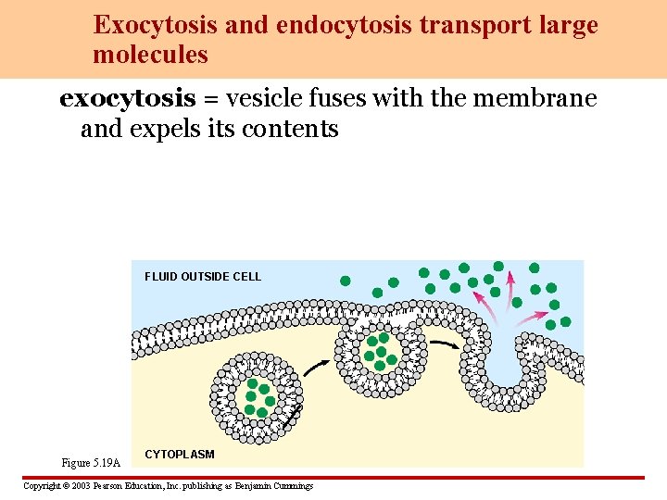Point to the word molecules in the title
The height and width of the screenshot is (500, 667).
click(x=150, y=56)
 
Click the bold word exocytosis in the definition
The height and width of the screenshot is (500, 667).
click(x=127, y=98)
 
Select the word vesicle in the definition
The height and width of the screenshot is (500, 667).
click(x=261, y=98)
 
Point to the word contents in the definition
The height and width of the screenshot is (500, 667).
click(x=295, y=129)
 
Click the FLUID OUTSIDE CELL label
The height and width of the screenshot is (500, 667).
click(x=203, y=276)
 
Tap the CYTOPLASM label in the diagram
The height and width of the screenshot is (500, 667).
click(x=180, y=455)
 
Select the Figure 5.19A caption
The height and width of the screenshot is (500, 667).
click(x=91, y=462)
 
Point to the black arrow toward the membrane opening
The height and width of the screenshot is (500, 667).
click(x=447, y=344)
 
